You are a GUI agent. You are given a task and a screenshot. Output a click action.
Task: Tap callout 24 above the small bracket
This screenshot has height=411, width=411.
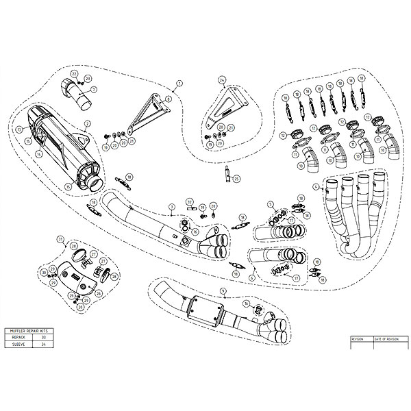pos(221,79)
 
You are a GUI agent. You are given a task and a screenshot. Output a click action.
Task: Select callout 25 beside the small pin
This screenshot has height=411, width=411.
pos(236,179)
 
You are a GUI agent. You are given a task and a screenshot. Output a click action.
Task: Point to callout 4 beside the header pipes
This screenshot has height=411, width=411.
pos(314,186)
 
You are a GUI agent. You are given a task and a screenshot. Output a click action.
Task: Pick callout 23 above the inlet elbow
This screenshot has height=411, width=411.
pos(88,79)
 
